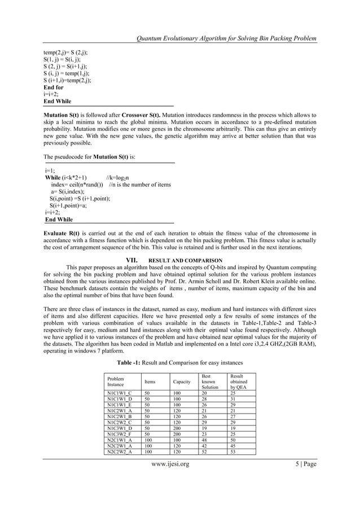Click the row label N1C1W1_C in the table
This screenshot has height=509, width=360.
click(119, 393)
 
